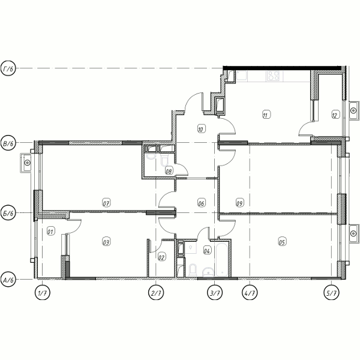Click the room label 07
point(106,203)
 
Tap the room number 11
point(266,115)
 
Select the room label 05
point(282,242)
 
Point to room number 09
point(239,203)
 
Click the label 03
point(106,242)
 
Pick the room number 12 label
point(335,115)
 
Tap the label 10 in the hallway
point(201,129)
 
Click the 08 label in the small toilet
point(169,171)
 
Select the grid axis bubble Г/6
point(8,68)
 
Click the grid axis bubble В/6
point(8,143)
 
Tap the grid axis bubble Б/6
point(8,213)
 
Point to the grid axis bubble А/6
point(8,280)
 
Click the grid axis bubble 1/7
point(43,292)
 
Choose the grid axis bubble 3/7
point(215,292)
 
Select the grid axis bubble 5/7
point(331,292)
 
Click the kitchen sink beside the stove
point(242,76)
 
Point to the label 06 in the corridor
point(201,203)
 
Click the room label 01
point(50,231)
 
